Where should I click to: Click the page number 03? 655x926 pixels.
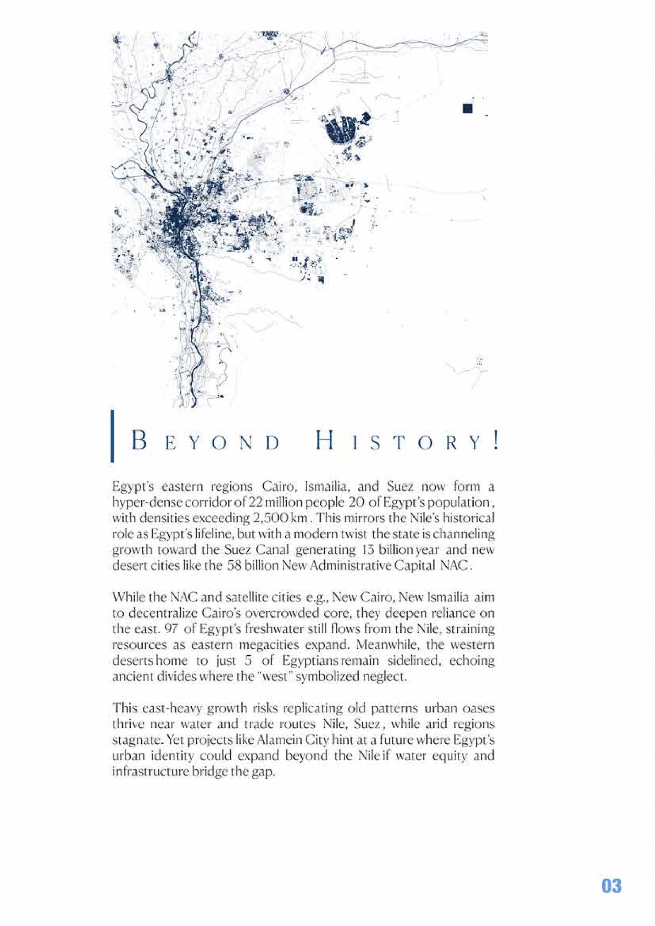tap(611, 886)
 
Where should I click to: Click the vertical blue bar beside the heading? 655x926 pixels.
tap(112, 436)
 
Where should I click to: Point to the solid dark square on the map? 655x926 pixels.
tap(467, 108)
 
